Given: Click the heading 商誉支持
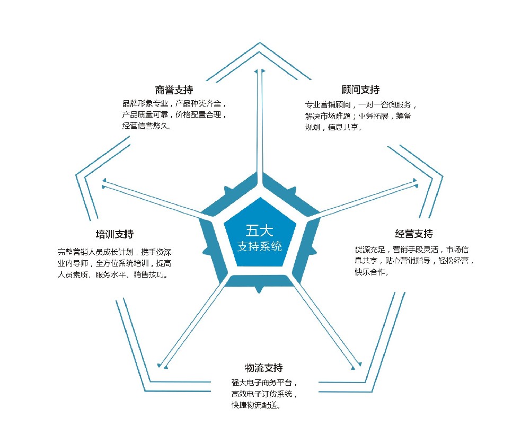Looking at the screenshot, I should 174,90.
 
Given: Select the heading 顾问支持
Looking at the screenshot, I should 360,90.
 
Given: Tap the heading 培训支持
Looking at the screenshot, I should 114,234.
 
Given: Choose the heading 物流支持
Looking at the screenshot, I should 264,368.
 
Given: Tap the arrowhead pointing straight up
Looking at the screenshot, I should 260,71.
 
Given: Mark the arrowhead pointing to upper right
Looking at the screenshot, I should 415,182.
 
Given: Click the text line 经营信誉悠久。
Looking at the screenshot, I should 147,126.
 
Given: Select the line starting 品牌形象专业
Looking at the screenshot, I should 174,103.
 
